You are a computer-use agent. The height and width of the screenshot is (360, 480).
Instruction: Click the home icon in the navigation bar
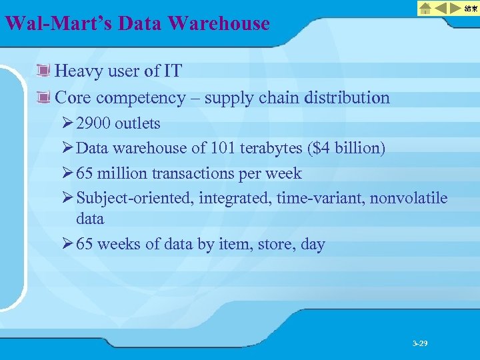point(425,8)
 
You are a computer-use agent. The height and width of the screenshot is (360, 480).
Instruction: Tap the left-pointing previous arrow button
point(440,8)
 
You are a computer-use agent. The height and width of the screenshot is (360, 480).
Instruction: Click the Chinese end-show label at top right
point(471,8)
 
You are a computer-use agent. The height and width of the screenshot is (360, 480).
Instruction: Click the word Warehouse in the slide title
point(219,24)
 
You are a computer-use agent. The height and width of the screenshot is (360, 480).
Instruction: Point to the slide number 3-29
point(420,343)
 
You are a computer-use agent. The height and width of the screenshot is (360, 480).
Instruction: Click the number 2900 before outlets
point(94,123)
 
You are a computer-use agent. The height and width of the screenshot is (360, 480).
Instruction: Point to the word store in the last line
point(271,244)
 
